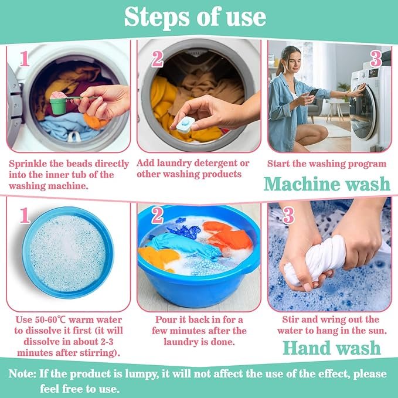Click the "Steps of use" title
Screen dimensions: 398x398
[x=195, y=17]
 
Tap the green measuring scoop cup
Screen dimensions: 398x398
[x=59, y=106]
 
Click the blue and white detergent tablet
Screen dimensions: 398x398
[x=186, y=125]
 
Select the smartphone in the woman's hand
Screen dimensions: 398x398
[x=314, y=92]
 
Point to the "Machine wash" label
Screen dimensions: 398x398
[x=327, y=184]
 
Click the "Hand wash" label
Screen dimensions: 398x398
[x=332, y=348]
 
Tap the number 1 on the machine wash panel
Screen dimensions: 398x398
[x=25, y=59]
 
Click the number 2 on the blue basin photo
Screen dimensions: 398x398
[x=157, y=215]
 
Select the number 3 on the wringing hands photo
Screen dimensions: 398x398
[x=288, y=215]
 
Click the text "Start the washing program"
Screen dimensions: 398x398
[x=327, y=164]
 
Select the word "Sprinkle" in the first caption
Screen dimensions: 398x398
[x=28, y=164]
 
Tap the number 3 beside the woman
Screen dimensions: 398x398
[x=376, y=59]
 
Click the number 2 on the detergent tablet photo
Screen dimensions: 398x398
[x=157, y=59]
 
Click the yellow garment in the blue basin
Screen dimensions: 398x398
[x=159, y=258]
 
